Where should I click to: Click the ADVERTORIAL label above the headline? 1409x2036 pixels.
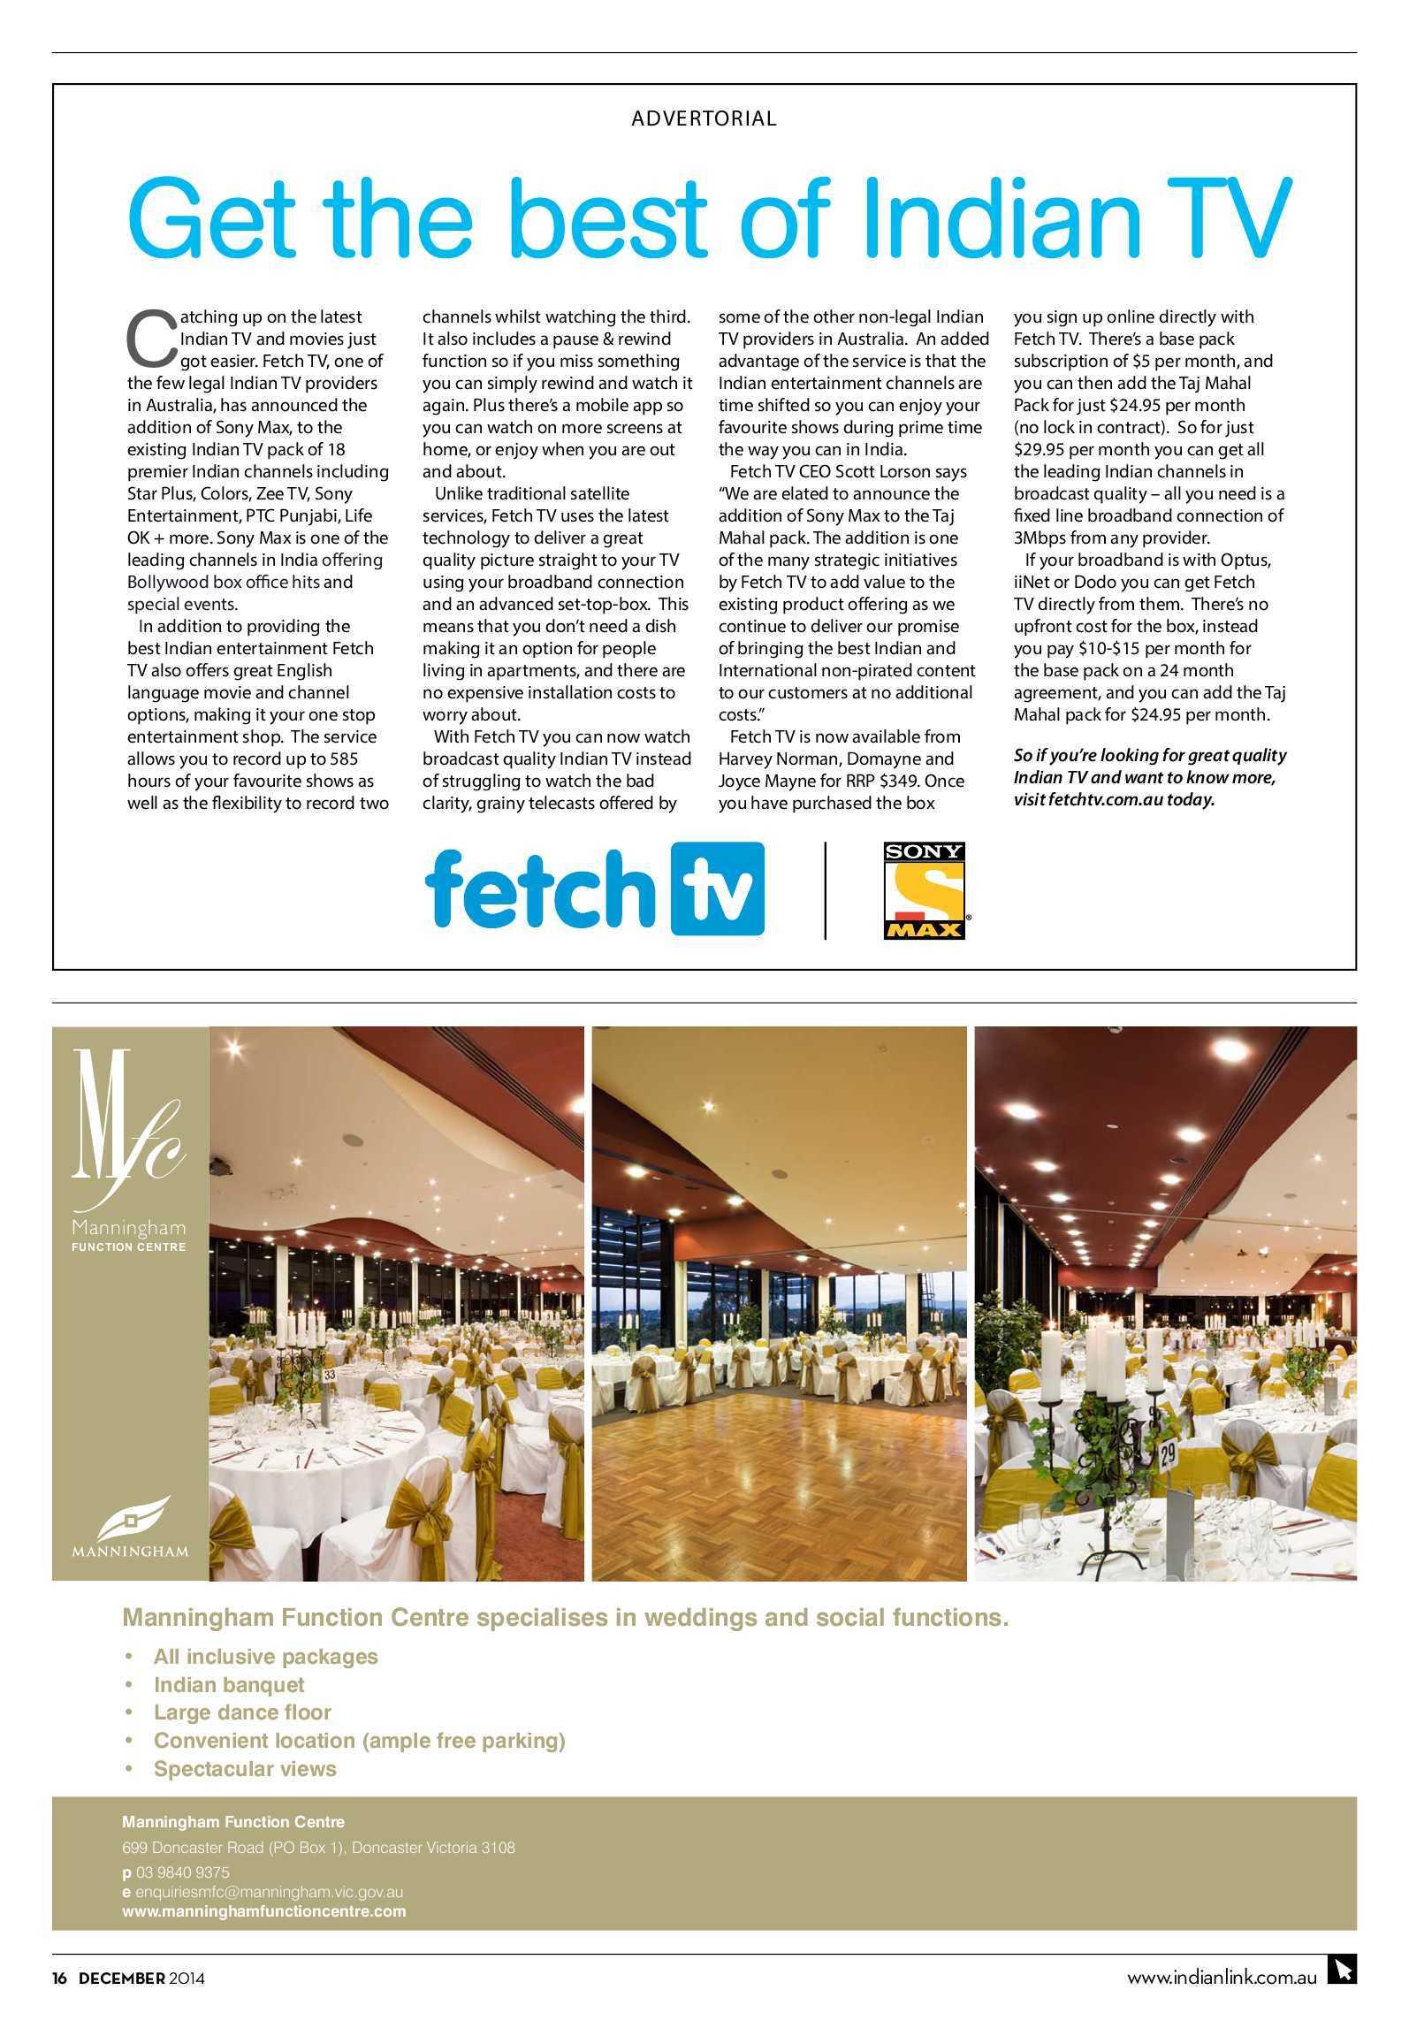pos(704,118)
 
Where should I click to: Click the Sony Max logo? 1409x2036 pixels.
pos(925,889)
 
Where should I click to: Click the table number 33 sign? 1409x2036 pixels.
pos(330,1375)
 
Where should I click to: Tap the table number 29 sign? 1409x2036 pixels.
pos(1168,1453)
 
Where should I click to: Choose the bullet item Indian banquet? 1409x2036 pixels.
pos(229,1684)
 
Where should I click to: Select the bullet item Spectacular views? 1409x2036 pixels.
pos(245,1769)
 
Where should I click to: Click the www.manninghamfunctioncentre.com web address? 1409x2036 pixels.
pos(263,1910)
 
